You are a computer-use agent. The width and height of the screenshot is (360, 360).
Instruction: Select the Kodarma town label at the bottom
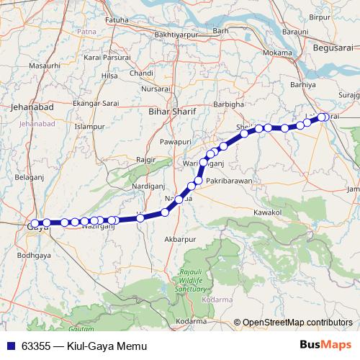point(191,321)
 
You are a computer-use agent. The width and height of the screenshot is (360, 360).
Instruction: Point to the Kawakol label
point(268,212)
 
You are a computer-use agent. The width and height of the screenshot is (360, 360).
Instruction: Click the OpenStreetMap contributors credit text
point(297,322)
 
